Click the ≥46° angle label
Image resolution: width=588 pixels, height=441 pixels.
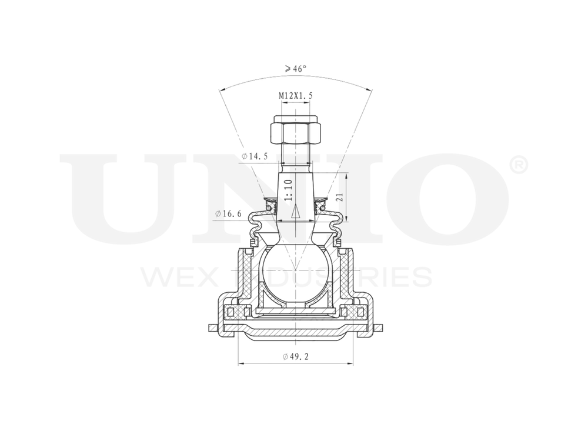(x=295, y=69)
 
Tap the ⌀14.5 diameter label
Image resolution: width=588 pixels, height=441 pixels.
(x=255, y=156)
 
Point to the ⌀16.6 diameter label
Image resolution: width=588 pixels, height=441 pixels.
(x=229, y=213)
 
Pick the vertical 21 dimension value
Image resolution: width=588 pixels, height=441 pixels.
(x=339, y=198)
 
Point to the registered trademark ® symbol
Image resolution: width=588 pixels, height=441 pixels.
(x=519, y=165)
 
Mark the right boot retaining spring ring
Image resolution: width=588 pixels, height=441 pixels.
(x=320, y=206)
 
